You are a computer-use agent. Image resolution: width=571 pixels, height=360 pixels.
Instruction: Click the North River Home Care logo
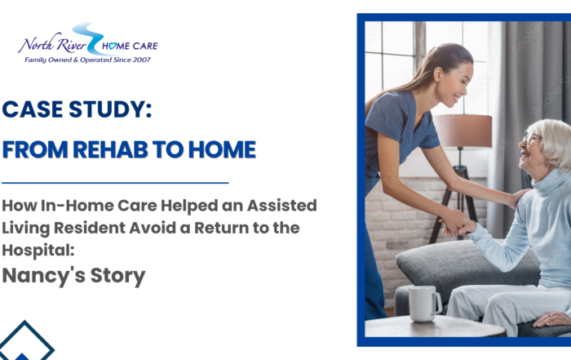[88, 43]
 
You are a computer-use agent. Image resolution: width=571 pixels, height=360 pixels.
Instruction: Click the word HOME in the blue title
[220, 150]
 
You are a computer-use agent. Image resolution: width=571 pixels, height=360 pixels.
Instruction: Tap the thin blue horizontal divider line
[115, 183]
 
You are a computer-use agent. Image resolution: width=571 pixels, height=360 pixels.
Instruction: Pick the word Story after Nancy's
[117, 276]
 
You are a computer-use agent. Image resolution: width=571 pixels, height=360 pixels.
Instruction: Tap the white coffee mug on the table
[423, 303]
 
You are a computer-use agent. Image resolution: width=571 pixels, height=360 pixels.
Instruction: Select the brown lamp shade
[463, 131]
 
